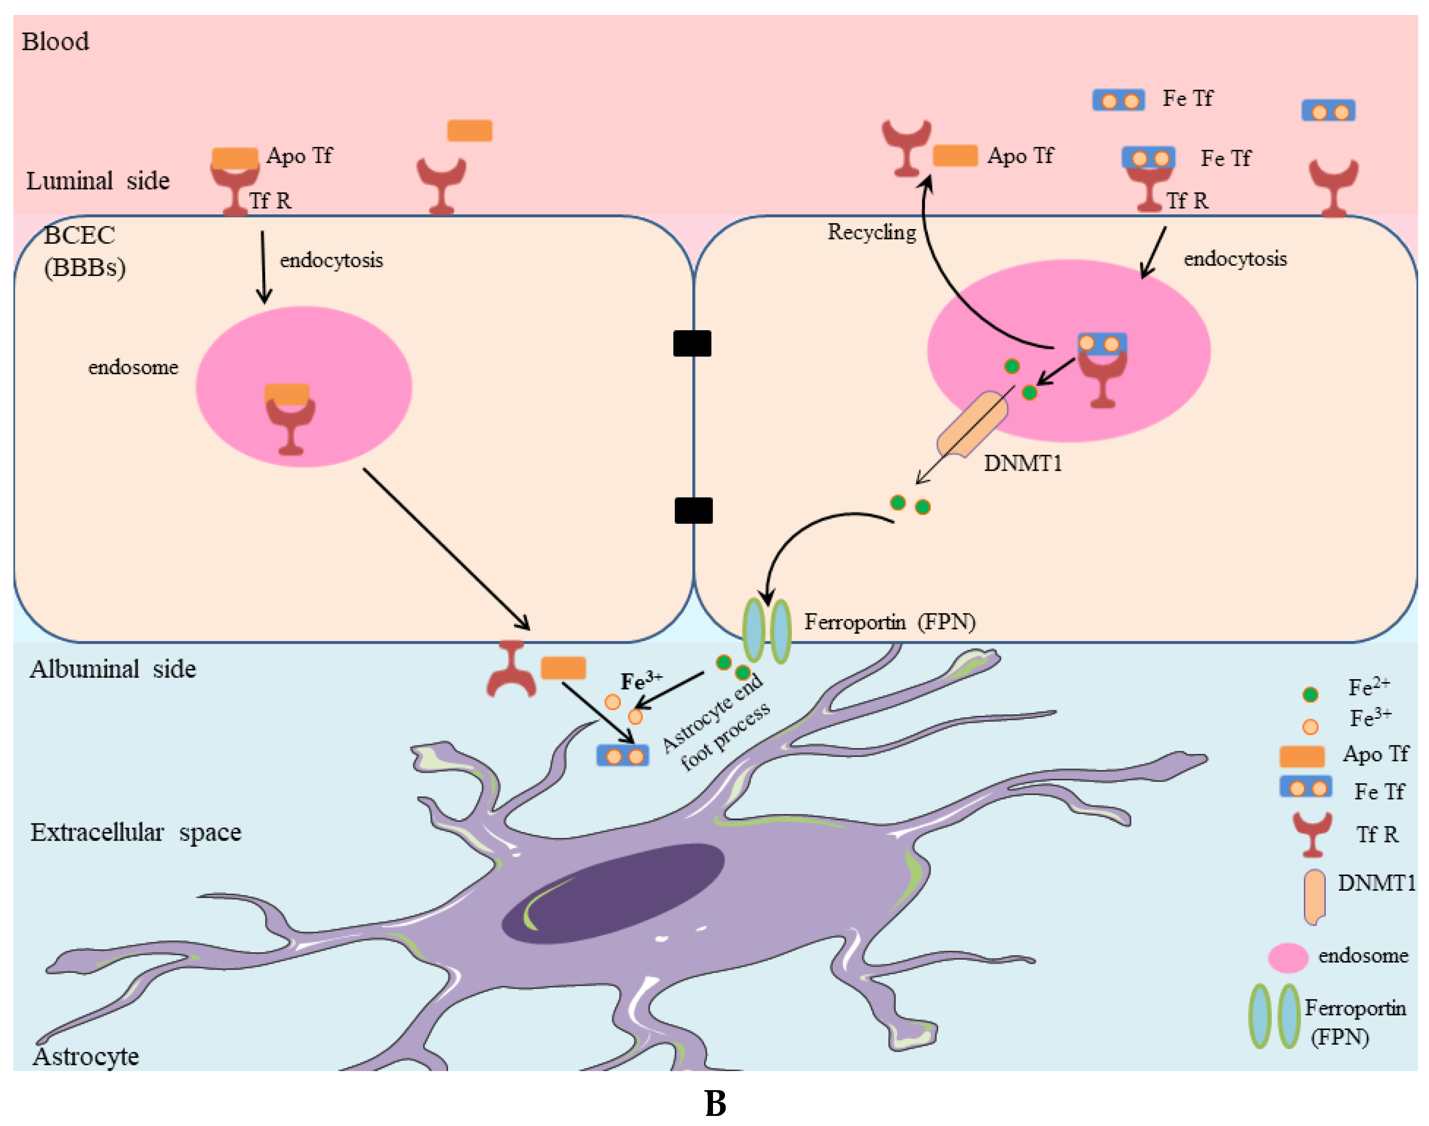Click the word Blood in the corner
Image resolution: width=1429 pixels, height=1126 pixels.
pos(55,41)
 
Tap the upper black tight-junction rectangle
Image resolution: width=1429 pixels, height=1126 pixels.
pos(691,343)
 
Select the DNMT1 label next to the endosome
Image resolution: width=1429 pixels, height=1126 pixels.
pos(1022,464)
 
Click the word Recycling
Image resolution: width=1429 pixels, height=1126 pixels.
pos(871,232)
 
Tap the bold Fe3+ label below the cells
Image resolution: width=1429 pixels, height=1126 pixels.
pos(641,681)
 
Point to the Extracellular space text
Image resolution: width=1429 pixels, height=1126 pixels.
pos(136,832)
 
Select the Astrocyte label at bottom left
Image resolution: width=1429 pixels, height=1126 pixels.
pos(86,1056)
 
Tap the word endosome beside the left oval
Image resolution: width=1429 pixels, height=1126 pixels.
pos(133,367)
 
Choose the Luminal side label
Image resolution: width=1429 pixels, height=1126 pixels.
pos(97,181)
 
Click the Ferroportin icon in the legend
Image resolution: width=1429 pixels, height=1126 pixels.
pos(1274,1016)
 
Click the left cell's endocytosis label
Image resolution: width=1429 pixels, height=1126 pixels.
pos(331,260)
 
